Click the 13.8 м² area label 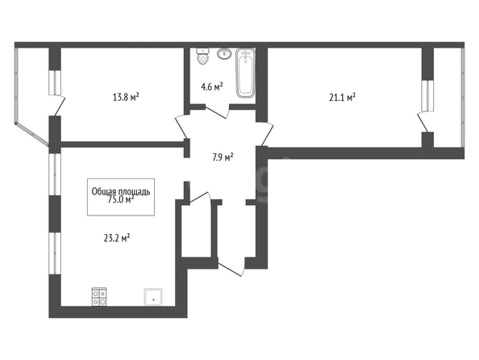click(x=126, y=98)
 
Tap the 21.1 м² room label click(x=342, y=98)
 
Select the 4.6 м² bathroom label click(x=212, y=87)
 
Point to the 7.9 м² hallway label click(x=223, y=157)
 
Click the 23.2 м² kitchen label click(x=117, y=238)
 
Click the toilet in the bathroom click(x=202, y=56)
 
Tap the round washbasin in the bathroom click(x=224, y=54)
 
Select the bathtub click(x=245, y=73)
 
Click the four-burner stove click(x=99, y=297)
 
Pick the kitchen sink click(x=153, y=297)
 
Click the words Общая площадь click(x=121, y=191)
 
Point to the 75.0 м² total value click(x=121, y=199)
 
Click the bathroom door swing click(x=217, y=111)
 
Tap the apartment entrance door click(x=231, y=267)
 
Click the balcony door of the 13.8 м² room click(x=60, y=106)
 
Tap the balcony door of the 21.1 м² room click(x=423, y=122)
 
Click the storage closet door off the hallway click(x=200, y=199)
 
